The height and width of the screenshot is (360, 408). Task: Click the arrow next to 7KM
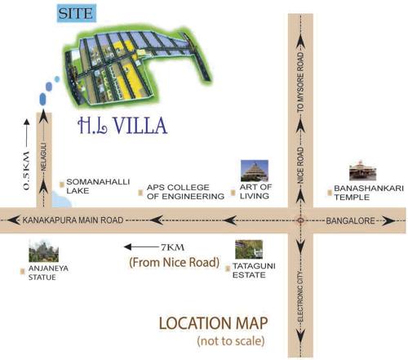(x=139, y=246)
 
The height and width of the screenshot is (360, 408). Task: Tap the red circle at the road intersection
(x=301, y=220)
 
